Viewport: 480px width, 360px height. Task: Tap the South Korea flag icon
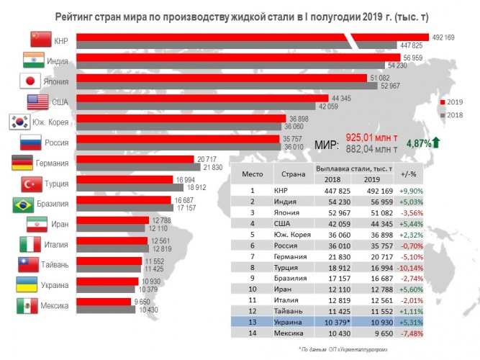tap(19, 122)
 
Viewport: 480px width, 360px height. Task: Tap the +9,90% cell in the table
tap(412, 191)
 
